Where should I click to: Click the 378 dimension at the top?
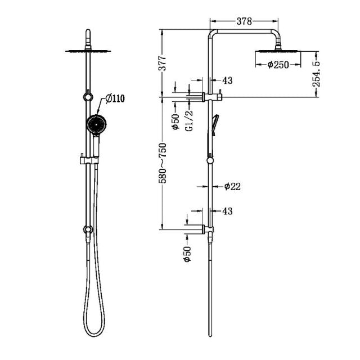coord(244,22)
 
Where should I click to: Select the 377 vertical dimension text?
coord(161,62)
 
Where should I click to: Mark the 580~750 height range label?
coord(161,163)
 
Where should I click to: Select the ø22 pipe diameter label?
coord(232,186)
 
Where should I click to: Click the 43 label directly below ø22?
coord(227,211)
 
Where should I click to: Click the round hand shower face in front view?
coord(96,125)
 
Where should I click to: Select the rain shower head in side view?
coord(277,52)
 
